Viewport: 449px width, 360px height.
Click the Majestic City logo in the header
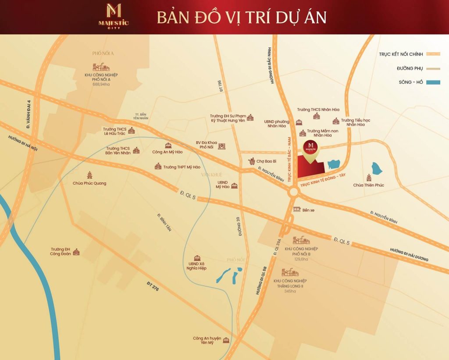point(113,16)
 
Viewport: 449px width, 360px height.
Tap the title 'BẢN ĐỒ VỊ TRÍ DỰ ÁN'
point(242,17)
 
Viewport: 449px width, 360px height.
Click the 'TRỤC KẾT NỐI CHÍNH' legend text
point(401,54)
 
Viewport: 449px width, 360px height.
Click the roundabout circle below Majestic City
point(293,192)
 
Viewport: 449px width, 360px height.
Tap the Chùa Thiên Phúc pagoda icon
point(368,177)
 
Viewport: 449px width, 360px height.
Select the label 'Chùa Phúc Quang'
point(89,183)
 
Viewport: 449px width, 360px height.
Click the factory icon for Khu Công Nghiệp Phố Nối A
point(101,67)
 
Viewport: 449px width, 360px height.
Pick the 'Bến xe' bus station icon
point(297,210)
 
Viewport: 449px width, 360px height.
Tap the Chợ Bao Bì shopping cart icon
point(252,161)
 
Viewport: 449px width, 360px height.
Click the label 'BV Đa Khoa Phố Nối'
point(206,145)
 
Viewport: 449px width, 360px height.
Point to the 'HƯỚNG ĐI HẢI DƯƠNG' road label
point(409,255)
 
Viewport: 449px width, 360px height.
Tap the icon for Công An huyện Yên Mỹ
point(226,340)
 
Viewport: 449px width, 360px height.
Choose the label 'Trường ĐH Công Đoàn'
point(61,251)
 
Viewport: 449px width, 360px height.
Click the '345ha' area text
point(290,291)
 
